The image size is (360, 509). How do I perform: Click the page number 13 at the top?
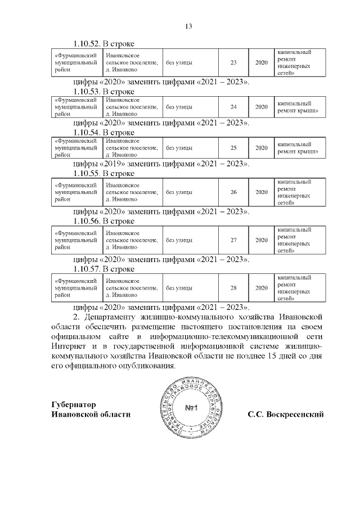pyautogui.click(x=189, y=26)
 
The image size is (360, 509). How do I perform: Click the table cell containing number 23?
pyautogui.click(x=234, y=62)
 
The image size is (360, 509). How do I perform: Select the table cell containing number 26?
pyautogui.click(x=234, y=192)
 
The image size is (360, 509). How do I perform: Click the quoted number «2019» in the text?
pyautogui.click(x=116, y=164)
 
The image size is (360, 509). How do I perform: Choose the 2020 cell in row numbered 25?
pyautogui.click(x=261, y=148)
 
